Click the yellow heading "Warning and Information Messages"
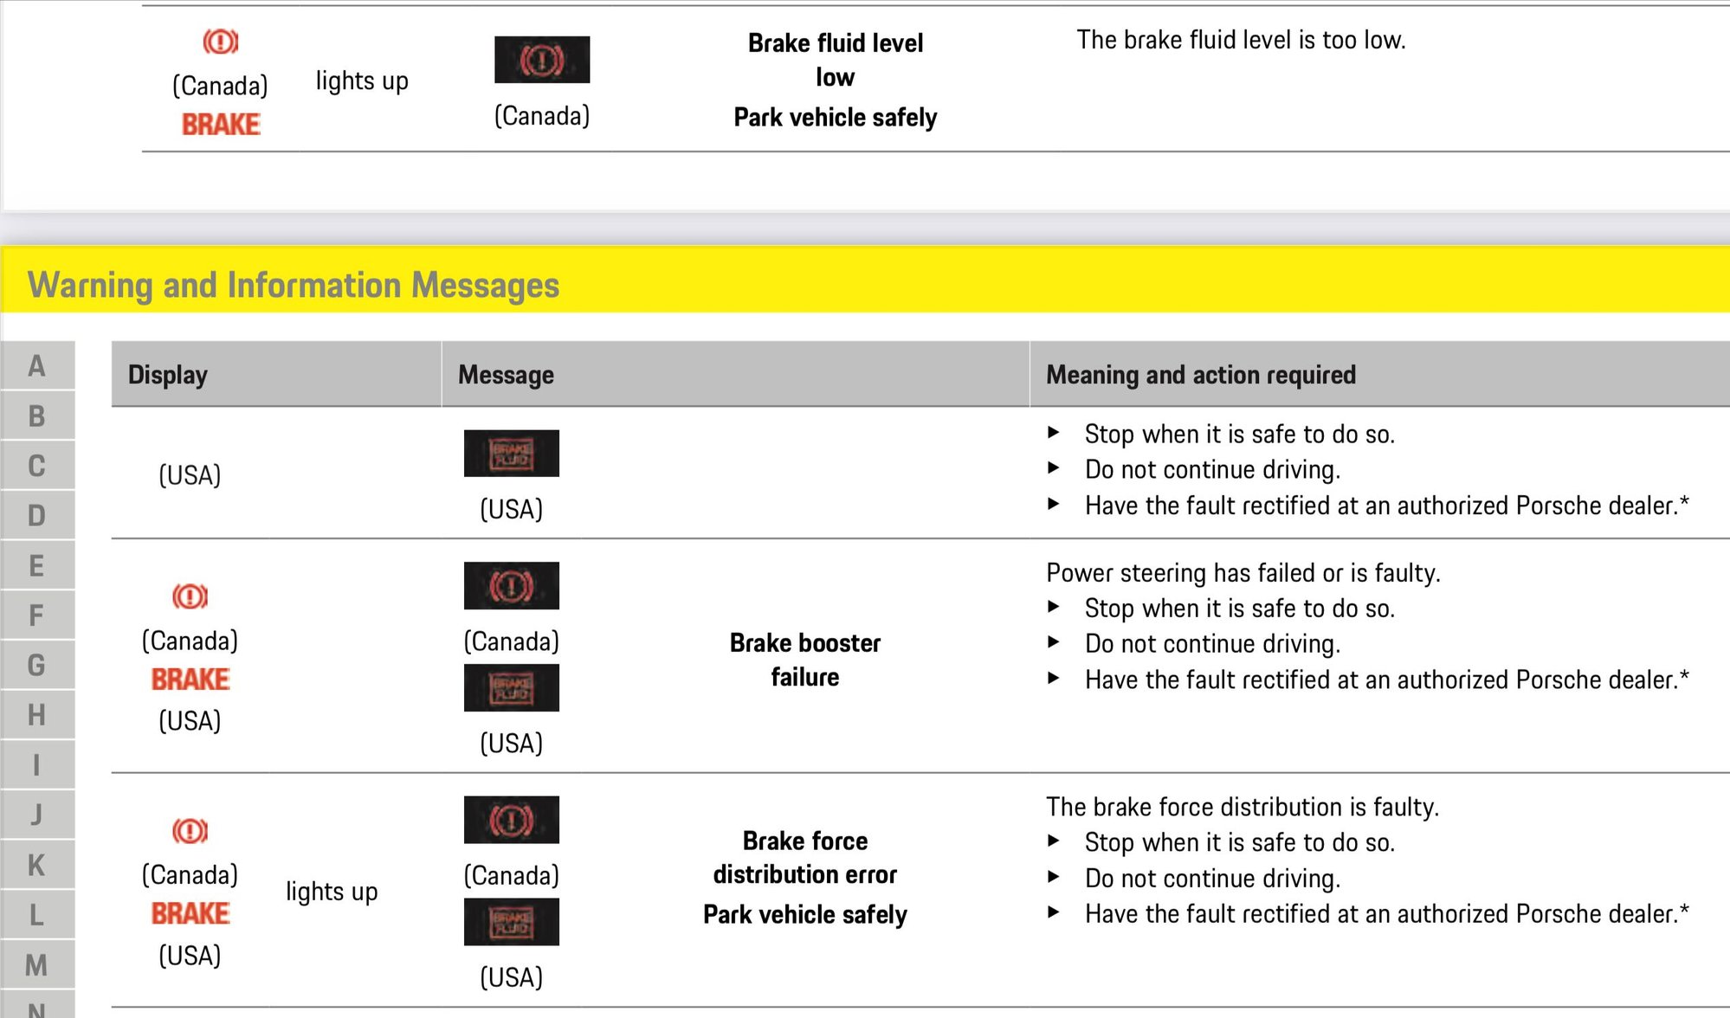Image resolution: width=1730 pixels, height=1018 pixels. [294, 285]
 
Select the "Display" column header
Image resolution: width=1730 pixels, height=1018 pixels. [168, 375]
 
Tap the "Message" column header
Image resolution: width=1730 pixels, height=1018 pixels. [506, 375]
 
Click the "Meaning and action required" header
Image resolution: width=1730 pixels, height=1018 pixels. [1201, 375]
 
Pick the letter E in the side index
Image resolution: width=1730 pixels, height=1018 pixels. [36, 566]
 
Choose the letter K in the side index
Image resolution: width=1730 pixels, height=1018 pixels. [36, 865]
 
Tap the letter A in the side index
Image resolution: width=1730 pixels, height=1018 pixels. [36, 366]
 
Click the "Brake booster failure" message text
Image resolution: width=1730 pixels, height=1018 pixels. [805, 660]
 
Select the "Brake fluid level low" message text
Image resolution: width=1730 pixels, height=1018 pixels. [836, 60]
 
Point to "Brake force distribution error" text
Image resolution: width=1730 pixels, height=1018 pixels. [805, 857]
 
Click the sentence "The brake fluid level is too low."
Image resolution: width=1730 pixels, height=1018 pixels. [1241, 40]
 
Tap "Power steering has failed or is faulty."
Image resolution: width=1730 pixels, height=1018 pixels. [1243, 573]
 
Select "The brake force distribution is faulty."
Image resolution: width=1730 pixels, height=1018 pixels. [1243, 807]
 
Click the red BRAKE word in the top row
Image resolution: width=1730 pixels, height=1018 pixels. [221, 125]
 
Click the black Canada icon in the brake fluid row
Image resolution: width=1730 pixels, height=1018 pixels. [542, 60]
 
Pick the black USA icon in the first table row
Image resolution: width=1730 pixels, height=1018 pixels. [512, 453]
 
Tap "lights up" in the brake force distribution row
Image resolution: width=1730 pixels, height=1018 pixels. [332, 892]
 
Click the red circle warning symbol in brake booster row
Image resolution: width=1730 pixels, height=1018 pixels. [190, 596]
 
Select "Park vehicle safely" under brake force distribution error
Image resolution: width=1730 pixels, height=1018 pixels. [805, 915]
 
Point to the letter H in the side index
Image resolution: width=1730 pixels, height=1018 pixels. [36, 715]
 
